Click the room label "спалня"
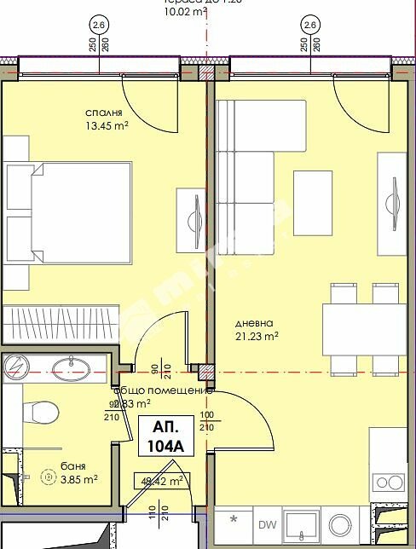pyautogui.click(x=104, y=113)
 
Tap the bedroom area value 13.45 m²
pyautogui.click(x=107, y=127)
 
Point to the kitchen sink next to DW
pyautogui.click(x=301, y=524)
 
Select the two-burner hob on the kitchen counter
pyautogui.click(x=390, y=483)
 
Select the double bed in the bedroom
pyautogui.click(x=68, y=213)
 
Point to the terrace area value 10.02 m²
pyautogui.click(x=184, y=13)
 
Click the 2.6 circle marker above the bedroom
pyautogui.click(x=99, y=26)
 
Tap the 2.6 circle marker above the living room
pyautogui.click(x=310, y=26)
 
